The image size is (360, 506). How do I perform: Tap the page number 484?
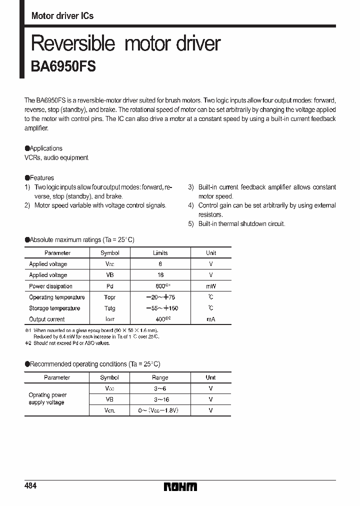coord(30,486)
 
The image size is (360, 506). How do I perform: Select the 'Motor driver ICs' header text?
coord(62,16)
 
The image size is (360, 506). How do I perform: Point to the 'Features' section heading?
coord(42,178)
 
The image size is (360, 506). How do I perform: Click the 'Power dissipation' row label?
coord(50,286)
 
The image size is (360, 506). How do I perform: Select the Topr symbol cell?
coord(109,297)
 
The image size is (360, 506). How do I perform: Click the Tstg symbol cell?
coord(109,308)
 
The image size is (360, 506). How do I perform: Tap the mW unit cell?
coord(211,286)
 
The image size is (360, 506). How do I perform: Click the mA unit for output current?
coord(211,319)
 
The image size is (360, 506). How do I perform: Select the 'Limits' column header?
coord(160,253)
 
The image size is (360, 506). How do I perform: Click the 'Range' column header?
coord(160,377)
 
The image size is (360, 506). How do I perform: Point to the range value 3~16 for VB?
coord(160,399)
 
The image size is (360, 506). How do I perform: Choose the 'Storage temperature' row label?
coord(54,308)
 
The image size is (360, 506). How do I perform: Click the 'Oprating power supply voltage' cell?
coord(47,399)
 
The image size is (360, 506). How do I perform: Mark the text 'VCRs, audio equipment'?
coord(56,158)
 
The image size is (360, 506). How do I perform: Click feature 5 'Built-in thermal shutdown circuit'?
coord(241,224)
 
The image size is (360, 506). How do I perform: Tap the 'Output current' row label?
coord(46,319)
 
